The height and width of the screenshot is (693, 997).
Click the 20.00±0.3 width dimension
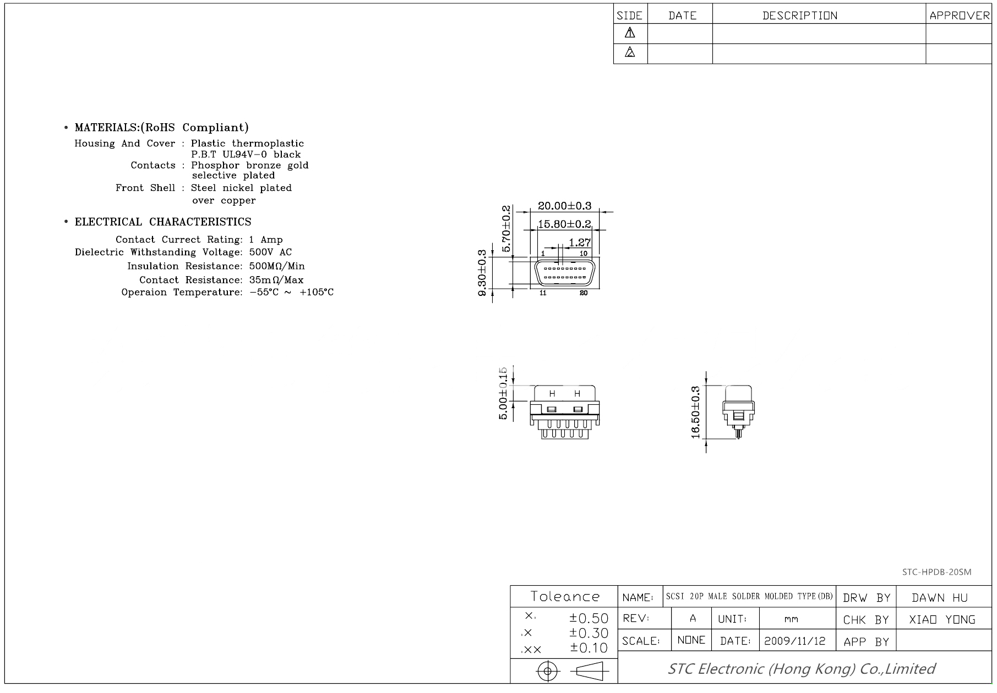[x=564, y=206]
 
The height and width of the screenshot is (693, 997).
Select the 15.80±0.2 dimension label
[x=564, y=224]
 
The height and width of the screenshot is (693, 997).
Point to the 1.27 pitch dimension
[x=579, y=242]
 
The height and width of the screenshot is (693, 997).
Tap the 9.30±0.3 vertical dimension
[x=483, y=273]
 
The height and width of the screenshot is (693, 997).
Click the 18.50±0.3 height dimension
[x=695, y=413]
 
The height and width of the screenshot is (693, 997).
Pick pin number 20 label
[x=584, y=293]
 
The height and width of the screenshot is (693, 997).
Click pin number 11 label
[x=543, y=293]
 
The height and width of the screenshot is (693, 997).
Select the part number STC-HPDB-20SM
[x=936, y=572]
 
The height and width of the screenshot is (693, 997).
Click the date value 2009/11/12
[x=794, y=641]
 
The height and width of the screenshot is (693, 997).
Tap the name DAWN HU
[x=940, y=598]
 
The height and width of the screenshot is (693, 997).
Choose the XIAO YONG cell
[x=942, y=620]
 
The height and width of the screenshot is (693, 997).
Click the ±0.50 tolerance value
[x=589, y=618]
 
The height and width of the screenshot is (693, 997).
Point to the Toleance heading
[x=564, y=597]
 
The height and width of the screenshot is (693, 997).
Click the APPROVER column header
[x=959, y=15]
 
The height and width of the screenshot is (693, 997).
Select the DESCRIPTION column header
[x=799, y=15]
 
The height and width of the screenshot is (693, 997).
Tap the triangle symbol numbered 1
[x=630, y=34]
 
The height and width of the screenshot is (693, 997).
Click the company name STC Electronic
[x=801, y=669]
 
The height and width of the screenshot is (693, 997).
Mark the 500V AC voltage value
[x=270, y=252]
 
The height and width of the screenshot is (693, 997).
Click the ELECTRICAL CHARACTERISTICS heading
[x=163, y=222]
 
